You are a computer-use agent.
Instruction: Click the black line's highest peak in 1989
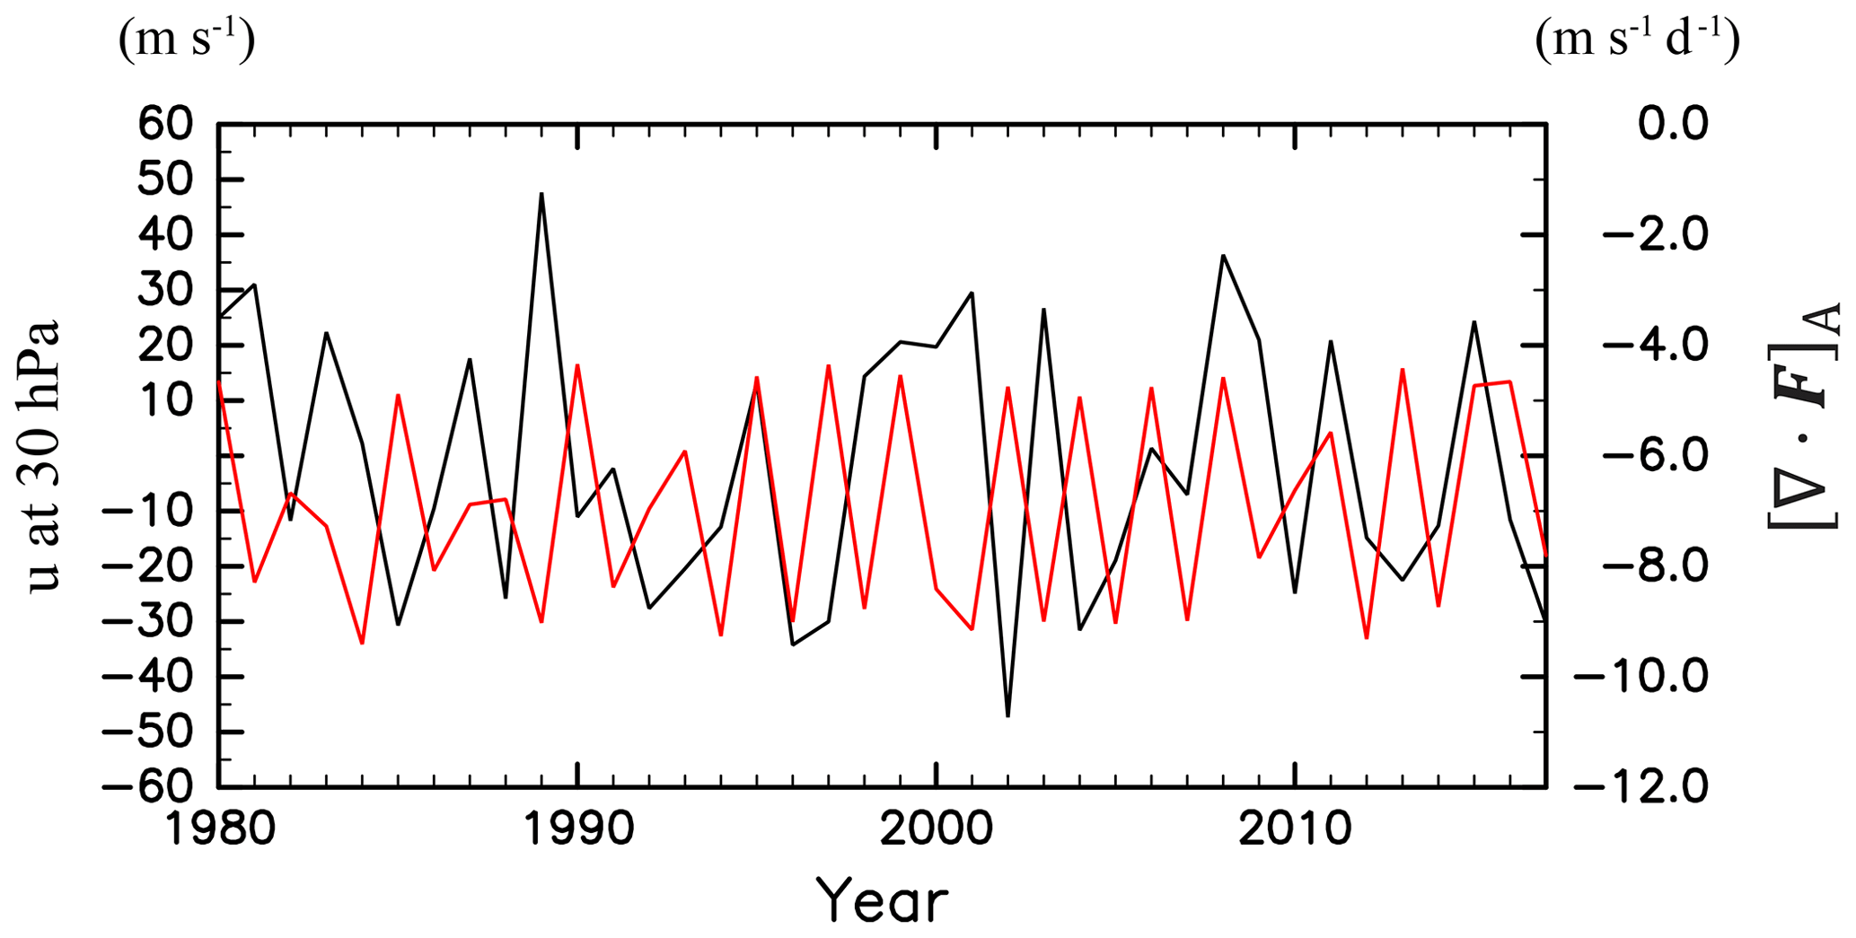coord(541,194)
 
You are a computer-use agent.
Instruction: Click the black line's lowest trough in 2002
coord(1007,715)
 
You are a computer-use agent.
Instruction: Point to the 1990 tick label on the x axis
coord(577,830)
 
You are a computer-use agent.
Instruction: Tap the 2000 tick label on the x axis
coord(936,830)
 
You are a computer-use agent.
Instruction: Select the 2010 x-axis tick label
coord(1294,830)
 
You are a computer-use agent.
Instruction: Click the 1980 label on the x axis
coord(219,830)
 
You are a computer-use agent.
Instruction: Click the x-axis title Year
coord(882,900)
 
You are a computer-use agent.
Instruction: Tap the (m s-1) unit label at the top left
coord(187,40)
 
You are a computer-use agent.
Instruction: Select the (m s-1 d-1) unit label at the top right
coord(1637,40)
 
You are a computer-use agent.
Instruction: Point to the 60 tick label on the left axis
coord(166,124)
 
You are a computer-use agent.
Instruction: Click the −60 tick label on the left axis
coord(148,787)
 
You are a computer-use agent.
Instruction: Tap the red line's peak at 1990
coord(577,365)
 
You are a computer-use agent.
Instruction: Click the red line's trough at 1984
coord(362,644)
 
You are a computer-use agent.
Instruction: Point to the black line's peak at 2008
coord(1223,256)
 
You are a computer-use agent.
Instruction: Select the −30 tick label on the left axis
coord(148,621)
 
